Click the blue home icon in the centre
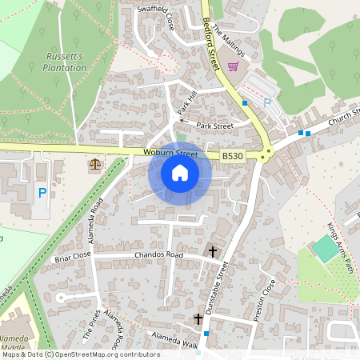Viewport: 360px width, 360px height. click(x=180, y=173)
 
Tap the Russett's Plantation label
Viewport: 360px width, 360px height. click(x=65, y=62)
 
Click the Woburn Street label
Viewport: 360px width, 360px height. click(x=170, y=153)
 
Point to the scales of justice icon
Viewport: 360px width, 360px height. click(x=96, y=164)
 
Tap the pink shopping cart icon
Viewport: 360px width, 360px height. click(x=234, y=66)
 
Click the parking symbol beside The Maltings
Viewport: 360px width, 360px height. click(x=246, y=104)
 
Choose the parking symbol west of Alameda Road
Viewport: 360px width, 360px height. click(x=42, y=192)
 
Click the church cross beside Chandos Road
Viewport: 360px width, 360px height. click(x=213, y=251)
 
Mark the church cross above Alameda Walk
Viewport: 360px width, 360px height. click(x=198, y=319)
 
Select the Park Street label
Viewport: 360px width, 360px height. click(x=214, y=126)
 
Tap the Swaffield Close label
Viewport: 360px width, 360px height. click(x=157, y=18)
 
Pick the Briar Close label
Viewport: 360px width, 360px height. click(x=74, y=258)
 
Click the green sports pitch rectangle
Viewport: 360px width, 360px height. click(x=326, y=249)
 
